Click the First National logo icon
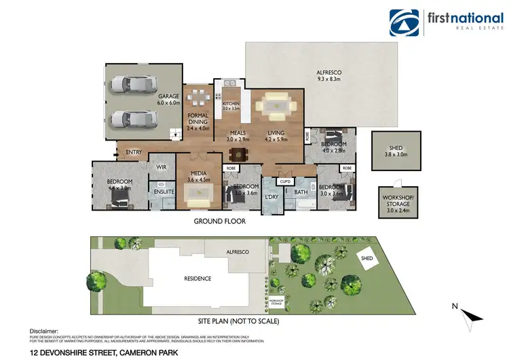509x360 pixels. pos(404,22)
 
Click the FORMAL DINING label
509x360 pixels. pos(197,120)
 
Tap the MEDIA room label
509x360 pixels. pos(199,176)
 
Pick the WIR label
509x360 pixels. pos(162,166)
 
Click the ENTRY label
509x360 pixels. pos(134,152)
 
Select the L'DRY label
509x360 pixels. pos(272,197)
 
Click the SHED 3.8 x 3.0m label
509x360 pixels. pos(396,150)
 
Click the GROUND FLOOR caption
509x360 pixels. pos(220,221)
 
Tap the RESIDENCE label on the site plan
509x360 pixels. pos(197,278)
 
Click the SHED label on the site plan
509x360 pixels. pos(367,258)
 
